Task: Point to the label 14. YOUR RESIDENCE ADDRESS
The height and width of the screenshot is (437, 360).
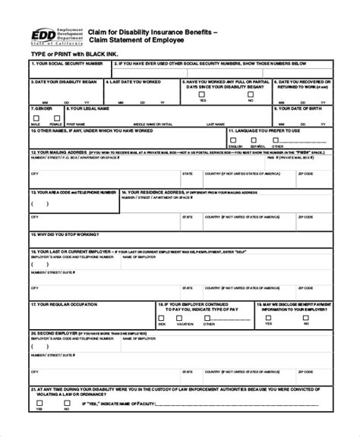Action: [x=152, y=193]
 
